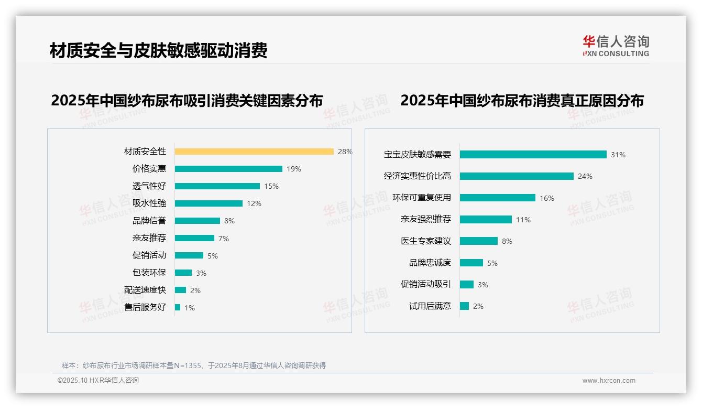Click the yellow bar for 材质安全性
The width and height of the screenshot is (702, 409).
point(254,152)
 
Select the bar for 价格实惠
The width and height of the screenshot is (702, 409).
point(228,169)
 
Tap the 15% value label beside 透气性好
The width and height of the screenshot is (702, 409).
point(271,186)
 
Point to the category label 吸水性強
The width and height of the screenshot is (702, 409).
point(149,203)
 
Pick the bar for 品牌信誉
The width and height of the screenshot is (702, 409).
point(198,221)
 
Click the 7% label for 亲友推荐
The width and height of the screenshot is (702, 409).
point(224,239)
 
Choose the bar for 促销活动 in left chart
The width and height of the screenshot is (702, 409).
point(189,255)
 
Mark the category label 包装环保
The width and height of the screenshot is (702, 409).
point(149,273)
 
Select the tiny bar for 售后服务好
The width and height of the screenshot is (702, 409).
point(178,307)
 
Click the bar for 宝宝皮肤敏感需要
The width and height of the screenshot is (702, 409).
point(533,155)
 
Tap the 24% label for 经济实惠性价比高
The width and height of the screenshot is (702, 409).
point(585,177)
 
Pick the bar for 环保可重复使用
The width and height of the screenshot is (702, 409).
point(498,198)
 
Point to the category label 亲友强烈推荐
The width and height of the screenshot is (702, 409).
point(426,219)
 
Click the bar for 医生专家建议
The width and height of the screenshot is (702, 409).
point(479,241)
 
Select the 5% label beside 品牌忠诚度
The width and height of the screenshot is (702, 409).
point(492,263)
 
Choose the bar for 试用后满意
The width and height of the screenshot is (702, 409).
point(464,306)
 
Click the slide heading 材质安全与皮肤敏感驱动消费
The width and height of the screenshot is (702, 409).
point(159,51)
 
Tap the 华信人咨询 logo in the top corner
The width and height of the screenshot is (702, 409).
point(616,46)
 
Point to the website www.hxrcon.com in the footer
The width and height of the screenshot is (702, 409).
point(609,381)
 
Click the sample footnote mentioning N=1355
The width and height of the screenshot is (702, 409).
point(194,365)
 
